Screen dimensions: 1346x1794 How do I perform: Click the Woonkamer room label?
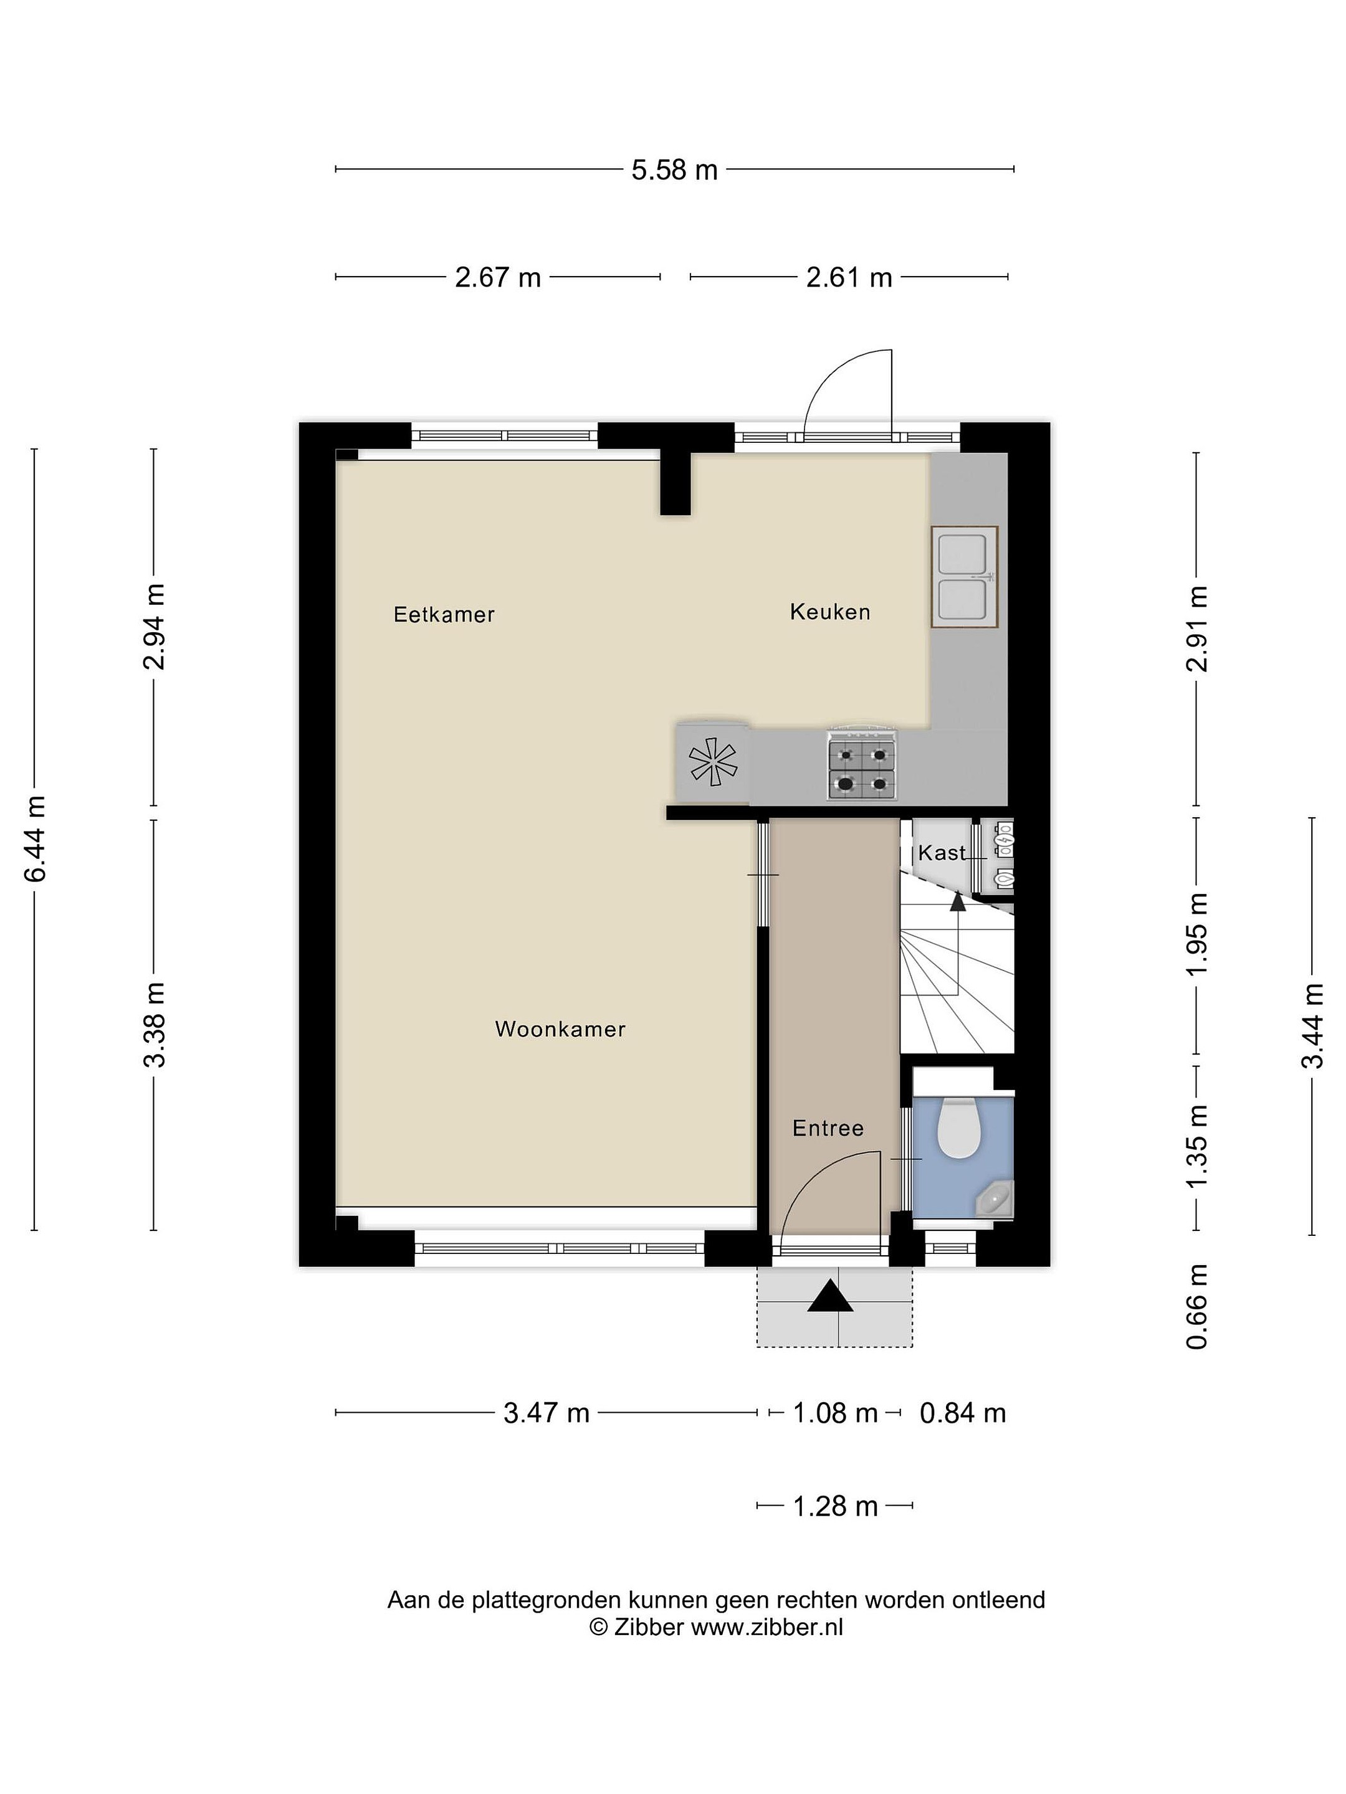(x=560, y=1029)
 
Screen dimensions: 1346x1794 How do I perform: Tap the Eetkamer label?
(x=444, y=614)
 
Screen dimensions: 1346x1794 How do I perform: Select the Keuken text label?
(x=830, y=612)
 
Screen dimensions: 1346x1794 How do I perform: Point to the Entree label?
(x=828, y=1128)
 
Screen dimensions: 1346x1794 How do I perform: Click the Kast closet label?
(x=941, y=852)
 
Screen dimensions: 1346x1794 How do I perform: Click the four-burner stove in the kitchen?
(x=862, y=765)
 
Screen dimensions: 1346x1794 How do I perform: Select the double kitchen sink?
(x=964, y=577)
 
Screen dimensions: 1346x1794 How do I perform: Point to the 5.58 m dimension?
(x=675, y=169)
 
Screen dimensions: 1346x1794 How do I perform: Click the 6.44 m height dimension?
(x=35, y=838)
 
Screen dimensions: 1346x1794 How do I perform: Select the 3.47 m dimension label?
(x=546, y=1413)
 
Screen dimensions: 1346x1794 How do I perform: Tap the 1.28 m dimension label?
(x=835, y=1506)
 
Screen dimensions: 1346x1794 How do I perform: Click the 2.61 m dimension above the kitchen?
(x=849, y=277)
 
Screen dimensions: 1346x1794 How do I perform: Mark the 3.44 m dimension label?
(x=1313, y=1026)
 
